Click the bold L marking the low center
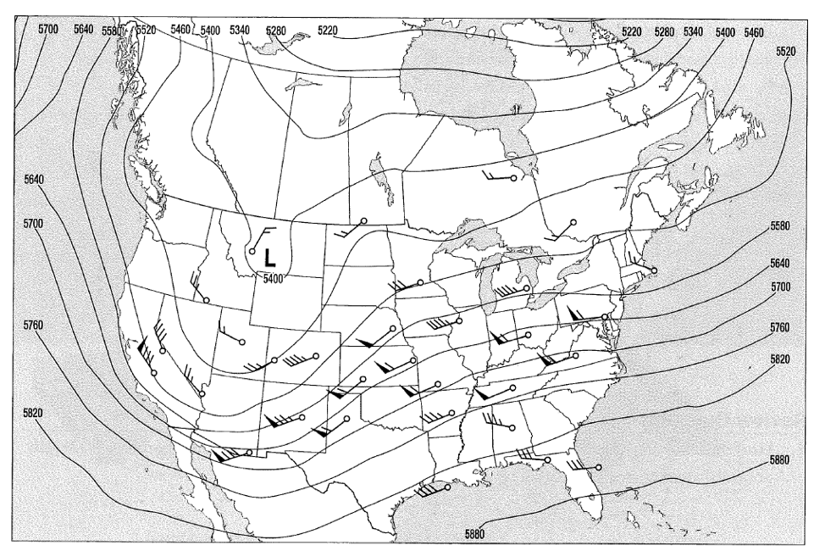[x=269, y=255]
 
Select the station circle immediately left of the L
[x=252, y=251]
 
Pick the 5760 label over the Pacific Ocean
[x=33, y=325]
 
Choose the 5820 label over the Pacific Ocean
[x=33, y=412]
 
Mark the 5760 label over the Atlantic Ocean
[x=781, y=326]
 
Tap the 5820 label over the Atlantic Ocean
[x=781, y=359]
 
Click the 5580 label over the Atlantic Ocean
[x=780, y=226]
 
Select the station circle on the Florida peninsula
[x=599, y=467]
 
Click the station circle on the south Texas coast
[x=447, y=488]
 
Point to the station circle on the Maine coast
[x=654, y=270]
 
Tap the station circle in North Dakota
[x=363, y=221]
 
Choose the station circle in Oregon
[x=206, y=300]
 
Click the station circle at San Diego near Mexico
[x=248, y=452]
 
